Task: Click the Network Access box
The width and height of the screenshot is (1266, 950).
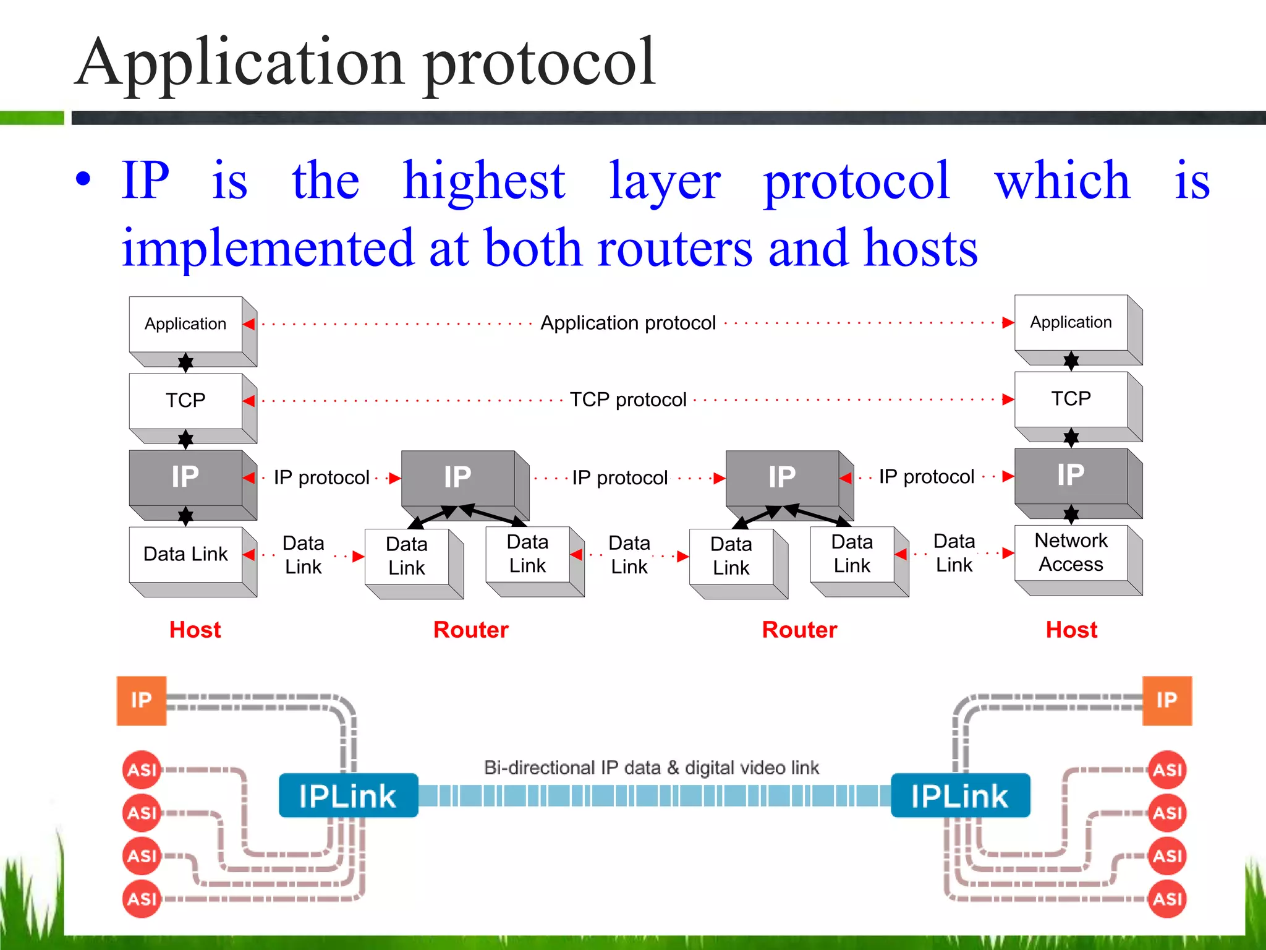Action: click(x=1071, y=552)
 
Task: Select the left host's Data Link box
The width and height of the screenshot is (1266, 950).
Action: click(x=185, y=554)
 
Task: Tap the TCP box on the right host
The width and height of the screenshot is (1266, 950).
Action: click(x=1071, y=398)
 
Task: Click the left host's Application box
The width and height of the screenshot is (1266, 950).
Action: click(x=185, y=323)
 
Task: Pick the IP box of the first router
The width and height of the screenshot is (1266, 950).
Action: click(x=457, y=477)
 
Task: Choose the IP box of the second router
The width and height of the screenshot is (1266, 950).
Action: click(x=782, y=477)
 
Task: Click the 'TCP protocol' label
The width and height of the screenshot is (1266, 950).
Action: click(x=627, y=400)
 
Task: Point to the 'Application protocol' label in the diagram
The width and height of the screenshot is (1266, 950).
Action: click(x=627, y=323)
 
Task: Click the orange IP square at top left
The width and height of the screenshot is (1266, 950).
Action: click(x=141, y=700)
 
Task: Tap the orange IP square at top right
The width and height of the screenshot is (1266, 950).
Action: click(x=1166, y=700)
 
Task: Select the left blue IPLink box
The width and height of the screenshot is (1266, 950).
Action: click(x=348, y=795)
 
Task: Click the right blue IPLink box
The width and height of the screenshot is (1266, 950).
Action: click(x=960, y=795)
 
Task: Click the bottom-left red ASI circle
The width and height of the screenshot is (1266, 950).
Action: click(x=142, y=898)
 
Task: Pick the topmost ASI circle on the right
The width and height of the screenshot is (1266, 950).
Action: click(x=1167, y=770)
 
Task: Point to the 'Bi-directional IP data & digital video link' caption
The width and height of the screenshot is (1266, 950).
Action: click(x=651, y=768)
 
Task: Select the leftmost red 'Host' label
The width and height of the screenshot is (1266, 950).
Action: click(x=195, y=630)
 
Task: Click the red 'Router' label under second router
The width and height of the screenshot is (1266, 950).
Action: click(x=799, y=630)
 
